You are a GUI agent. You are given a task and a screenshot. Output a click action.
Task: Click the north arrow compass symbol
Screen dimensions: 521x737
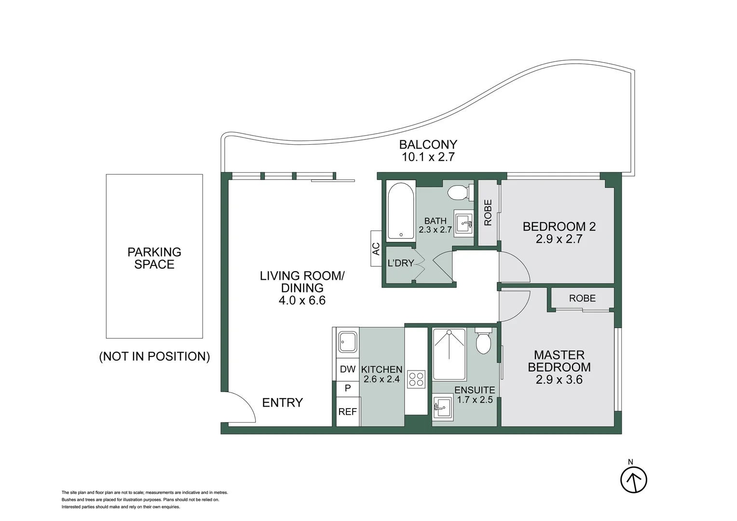tap(633, 480)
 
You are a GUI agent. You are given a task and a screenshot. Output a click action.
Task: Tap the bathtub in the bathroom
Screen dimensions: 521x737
tap(401, 210)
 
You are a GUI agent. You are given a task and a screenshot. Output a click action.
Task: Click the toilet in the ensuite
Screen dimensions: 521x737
tap(483, 342)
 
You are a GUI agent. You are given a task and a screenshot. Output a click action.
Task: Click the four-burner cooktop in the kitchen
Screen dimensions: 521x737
tap(416, 379)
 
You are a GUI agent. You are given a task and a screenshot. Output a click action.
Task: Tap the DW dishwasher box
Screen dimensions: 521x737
tap(347, 370)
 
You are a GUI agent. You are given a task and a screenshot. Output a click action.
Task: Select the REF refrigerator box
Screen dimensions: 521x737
tap(347, 411)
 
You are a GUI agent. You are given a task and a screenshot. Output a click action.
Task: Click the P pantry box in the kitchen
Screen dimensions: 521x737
tap(347, 388)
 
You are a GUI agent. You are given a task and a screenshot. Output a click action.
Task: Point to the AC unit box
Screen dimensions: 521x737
tap(376, 248)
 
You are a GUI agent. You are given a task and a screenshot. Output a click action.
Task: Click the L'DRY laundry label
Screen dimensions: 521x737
tap(401, 263)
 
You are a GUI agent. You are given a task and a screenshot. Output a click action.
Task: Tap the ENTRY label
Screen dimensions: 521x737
tap(282, 402)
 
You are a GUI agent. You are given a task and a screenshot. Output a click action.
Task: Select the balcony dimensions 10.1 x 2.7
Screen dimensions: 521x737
tap(428, 157)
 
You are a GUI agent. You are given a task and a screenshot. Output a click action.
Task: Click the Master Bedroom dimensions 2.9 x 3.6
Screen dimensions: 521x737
tap(559, 380)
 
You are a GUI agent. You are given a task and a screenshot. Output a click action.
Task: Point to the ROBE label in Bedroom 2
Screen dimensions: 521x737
tap(488, 213)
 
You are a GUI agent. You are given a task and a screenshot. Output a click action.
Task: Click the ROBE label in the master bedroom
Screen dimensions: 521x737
tap(582, 298)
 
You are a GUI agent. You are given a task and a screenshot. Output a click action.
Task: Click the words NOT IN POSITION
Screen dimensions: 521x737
tap(154, 356)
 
